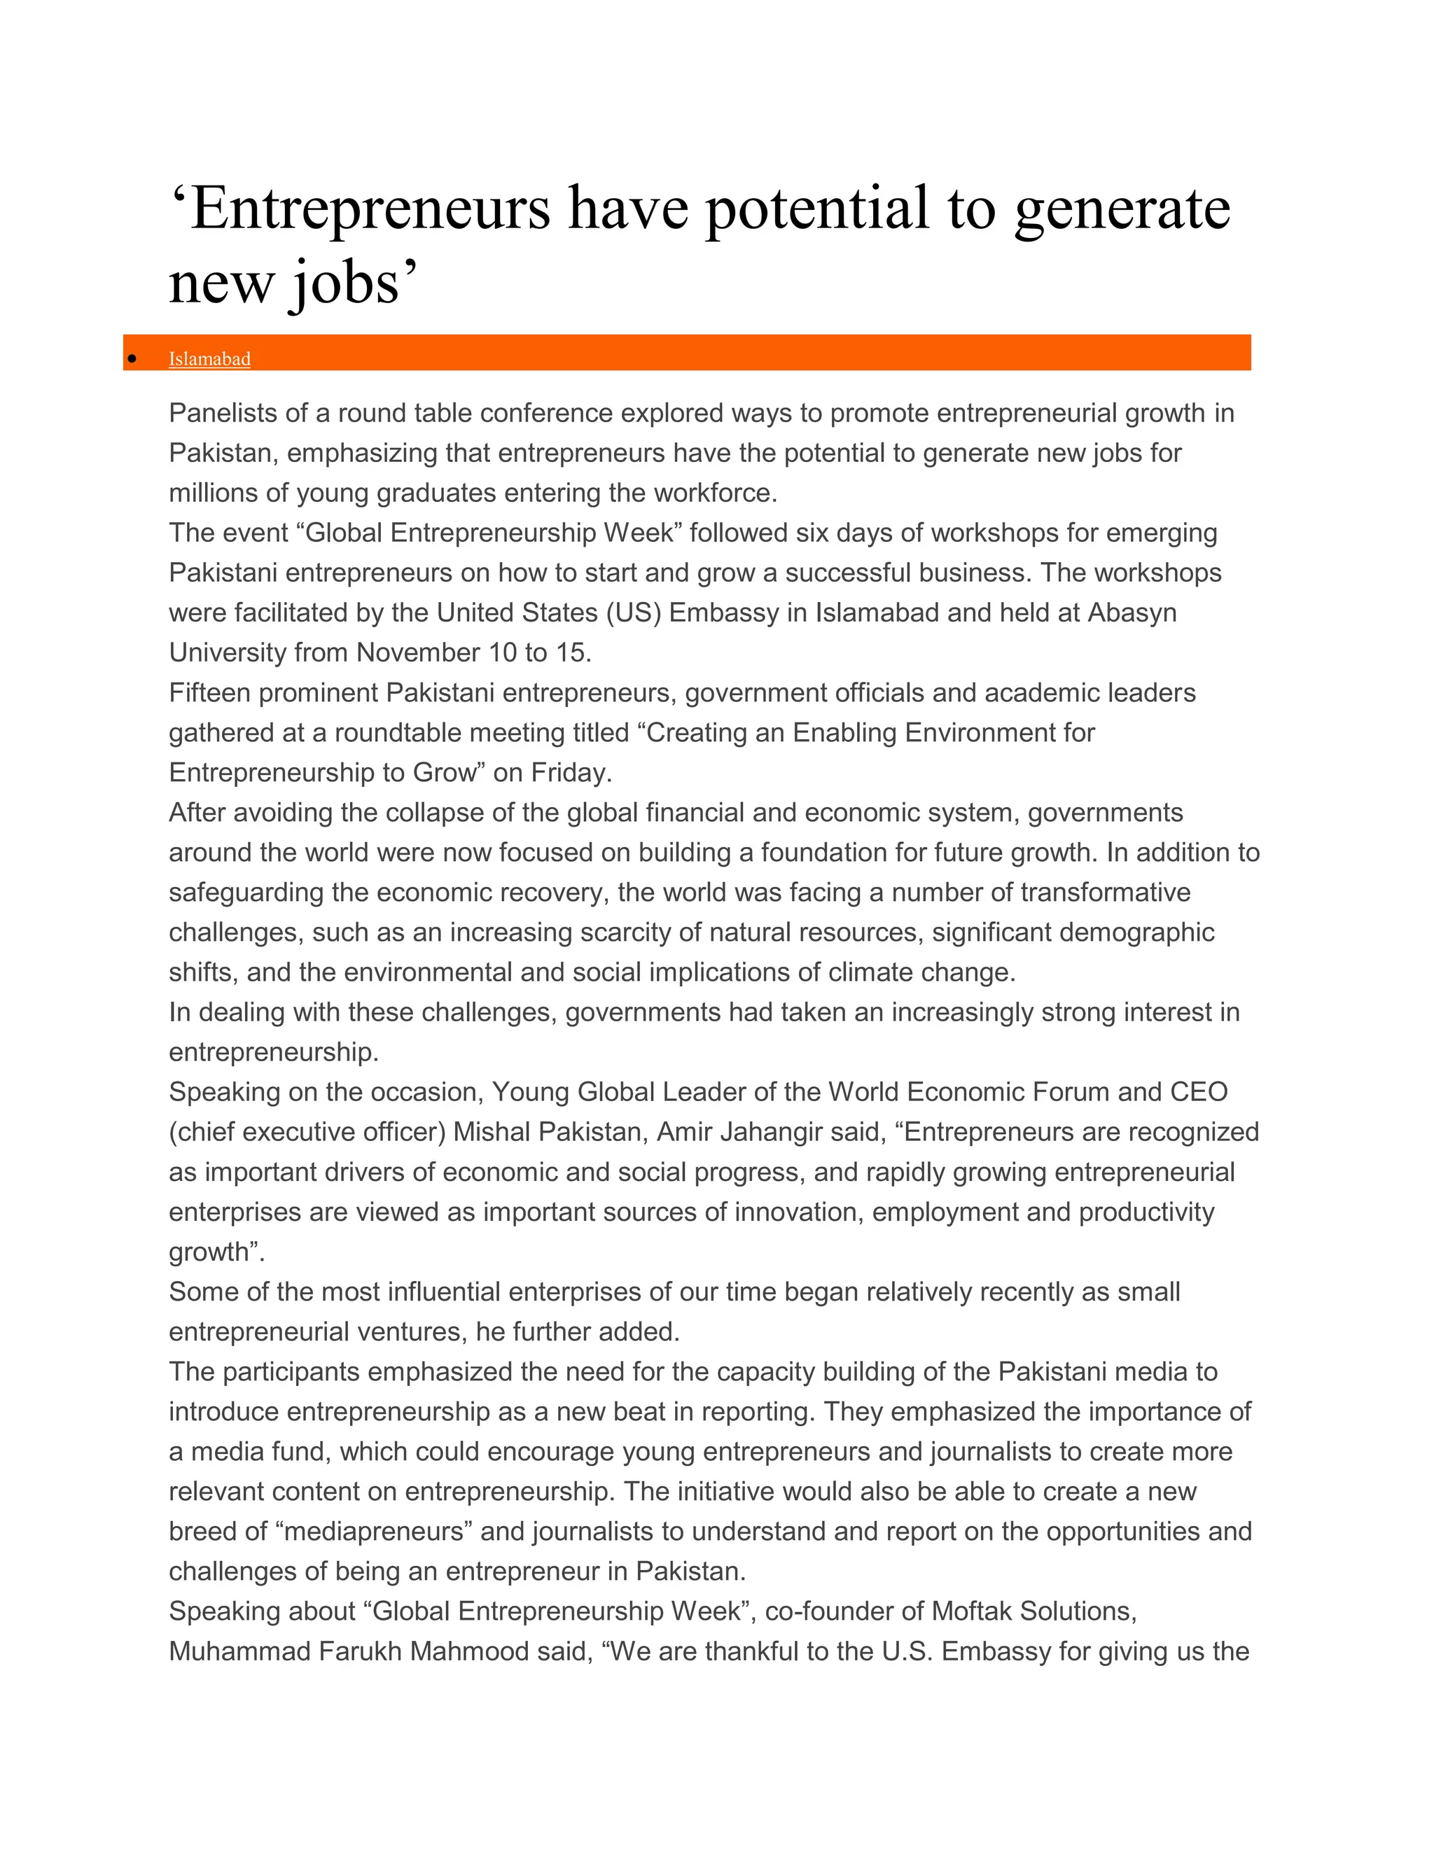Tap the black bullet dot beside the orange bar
(132, 359)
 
